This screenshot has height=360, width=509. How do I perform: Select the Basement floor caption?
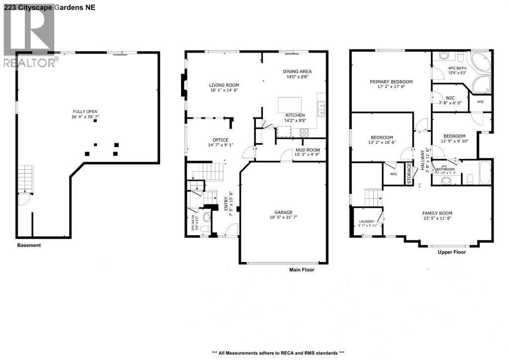(x=29, y=245)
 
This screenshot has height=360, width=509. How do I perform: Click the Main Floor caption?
(x=302, y=270)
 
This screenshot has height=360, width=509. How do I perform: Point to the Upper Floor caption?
(x=452, y=252)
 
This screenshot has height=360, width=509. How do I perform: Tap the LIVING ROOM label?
(x=224, y=85)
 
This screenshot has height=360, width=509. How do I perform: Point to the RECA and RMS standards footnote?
(x=278, y=352)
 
